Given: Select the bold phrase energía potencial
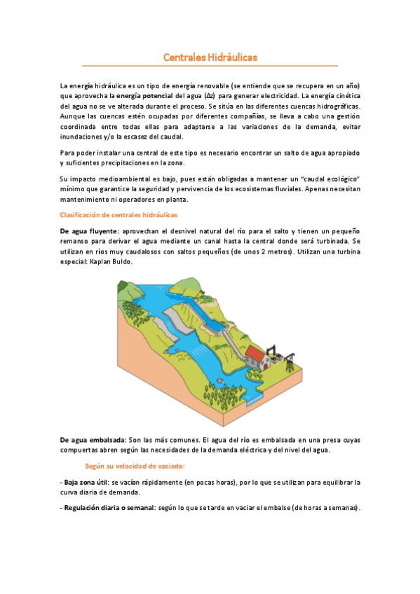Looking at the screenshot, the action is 144,95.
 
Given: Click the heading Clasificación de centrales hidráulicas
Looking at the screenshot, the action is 119,214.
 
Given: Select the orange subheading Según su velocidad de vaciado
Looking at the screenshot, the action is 135,466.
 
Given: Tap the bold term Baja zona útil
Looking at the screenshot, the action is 86,483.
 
